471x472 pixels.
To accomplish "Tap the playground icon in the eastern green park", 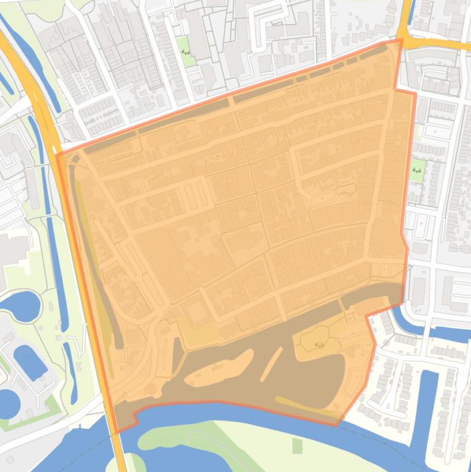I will [x=418, y=170].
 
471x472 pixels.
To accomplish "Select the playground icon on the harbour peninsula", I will [x=318, y=345].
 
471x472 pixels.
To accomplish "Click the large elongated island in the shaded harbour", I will [x=218, y=369].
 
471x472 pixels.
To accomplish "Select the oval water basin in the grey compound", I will [x=29, y=360].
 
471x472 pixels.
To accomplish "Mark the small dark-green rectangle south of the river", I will [x=298, y=446].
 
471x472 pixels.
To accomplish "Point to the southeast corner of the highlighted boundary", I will [x=337, y=424].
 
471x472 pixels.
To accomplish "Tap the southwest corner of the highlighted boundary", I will [x=116, y=432].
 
